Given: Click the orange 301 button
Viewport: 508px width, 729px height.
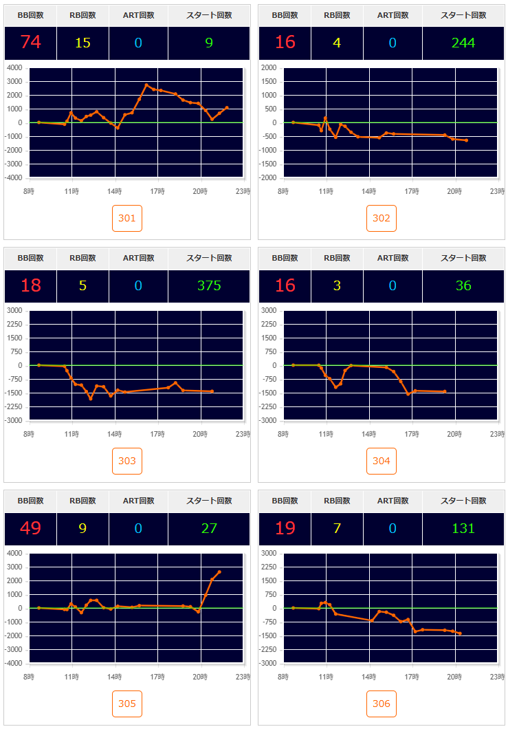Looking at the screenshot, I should [127, 219].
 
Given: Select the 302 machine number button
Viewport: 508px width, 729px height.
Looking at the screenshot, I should [382, 219].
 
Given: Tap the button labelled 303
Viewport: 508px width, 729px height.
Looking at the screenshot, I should [127, 461].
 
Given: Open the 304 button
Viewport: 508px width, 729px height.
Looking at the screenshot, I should [382, 461].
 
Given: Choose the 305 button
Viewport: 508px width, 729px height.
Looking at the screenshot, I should [127, 704].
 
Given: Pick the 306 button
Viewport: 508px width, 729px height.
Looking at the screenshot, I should [382, 704].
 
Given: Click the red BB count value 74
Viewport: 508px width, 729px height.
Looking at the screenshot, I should [31, 43].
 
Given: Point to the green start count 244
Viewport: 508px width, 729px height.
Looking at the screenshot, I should [463, 43].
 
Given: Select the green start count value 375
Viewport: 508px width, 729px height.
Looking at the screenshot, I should [209, 285].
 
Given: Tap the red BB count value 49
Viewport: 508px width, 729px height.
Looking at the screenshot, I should [31, 528].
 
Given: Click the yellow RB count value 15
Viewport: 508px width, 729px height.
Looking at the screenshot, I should [82, 43].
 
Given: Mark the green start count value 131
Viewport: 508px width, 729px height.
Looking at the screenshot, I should [463, 528].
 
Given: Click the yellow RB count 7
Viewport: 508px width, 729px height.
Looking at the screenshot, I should [337, 528].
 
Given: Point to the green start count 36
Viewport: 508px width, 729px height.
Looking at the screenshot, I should [463, 285].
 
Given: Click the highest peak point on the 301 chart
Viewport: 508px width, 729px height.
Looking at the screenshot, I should [146, 85].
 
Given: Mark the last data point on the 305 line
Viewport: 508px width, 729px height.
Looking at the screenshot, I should [219, 572].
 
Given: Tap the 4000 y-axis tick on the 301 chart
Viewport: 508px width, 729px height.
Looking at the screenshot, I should [14, 68].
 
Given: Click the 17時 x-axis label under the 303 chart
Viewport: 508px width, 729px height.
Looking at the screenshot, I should [158, 435].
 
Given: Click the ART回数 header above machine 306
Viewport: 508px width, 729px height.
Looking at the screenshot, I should [393, 501].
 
